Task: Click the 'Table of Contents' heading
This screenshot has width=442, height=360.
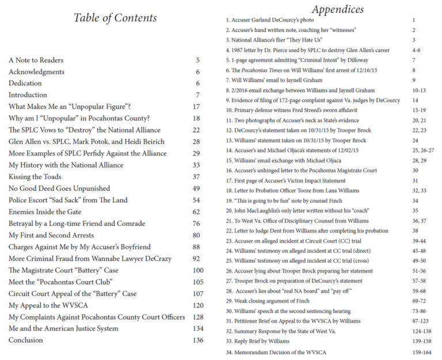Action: coord(115,18)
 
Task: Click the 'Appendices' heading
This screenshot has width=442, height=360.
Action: coord(337,9)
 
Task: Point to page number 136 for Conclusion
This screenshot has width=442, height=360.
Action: coord(198,340)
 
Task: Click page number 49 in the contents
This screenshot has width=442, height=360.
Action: coord(197,188)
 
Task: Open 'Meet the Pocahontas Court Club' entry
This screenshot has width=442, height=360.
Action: coord(60,282)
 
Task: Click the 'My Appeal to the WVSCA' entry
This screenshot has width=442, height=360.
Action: coord(51,305)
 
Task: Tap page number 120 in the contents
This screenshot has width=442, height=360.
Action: coord(198,305)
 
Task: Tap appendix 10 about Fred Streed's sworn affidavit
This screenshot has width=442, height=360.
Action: coord(294,111)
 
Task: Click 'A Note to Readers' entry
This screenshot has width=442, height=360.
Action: coord(36,60)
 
